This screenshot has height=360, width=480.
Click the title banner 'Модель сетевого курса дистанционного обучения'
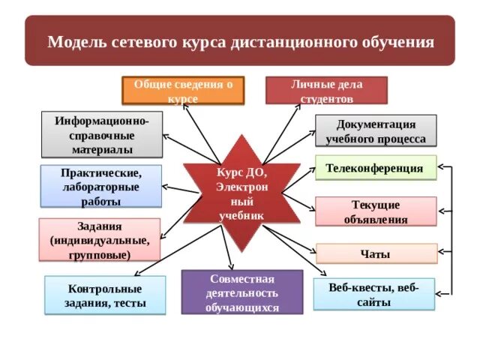(x=240, y=40)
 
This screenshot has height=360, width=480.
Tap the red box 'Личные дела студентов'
(x=326, y=90)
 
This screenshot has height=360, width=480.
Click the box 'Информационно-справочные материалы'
(x=101, y=136)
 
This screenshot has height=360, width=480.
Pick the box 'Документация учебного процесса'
(x=376, y=130)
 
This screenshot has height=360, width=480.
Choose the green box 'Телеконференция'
(x=375, y=169)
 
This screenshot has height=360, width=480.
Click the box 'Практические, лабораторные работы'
(x=100, y=186)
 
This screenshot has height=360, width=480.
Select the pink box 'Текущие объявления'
(x=375, y=211)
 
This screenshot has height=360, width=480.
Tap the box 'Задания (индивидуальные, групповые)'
(x=99, y=240)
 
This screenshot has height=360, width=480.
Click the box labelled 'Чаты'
(x=376, y=254)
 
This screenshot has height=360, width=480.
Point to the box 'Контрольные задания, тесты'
(x=105, y=295)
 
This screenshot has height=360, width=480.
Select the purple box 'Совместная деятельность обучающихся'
(x=241, y=292)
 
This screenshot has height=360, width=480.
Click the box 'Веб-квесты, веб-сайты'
(x=373, y=294)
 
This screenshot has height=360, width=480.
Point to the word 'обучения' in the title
(x=400, y=41)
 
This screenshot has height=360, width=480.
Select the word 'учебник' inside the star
(x=241, y=215)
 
